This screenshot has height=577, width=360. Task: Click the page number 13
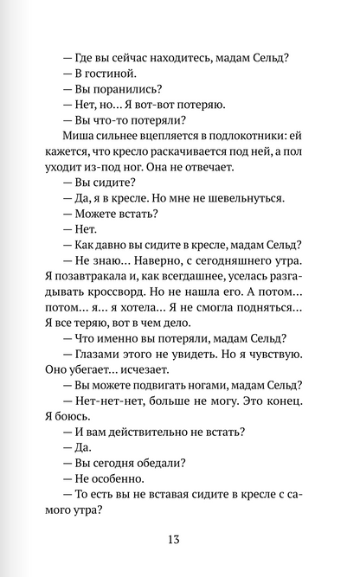(x=180, y=540)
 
